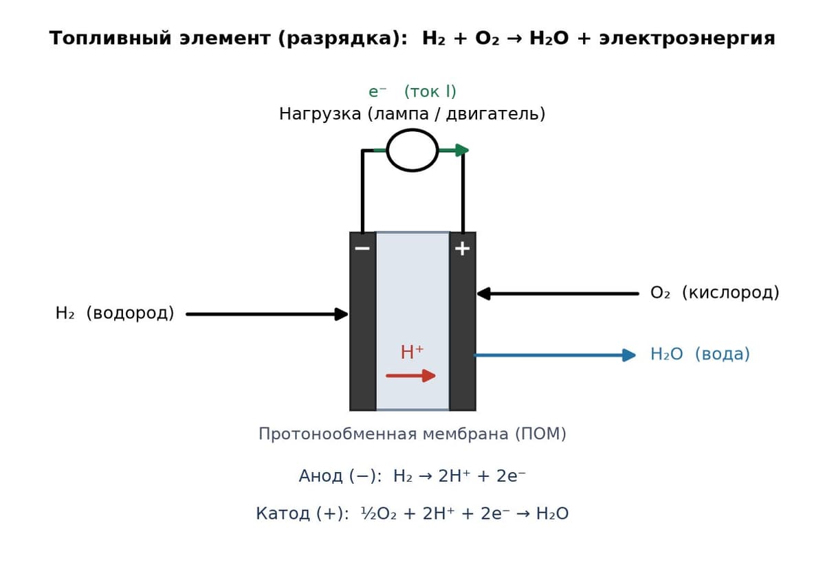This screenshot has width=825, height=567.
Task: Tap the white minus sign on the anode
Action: [362, 249]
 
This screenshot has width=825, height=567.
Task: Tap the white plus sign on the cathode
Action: [462, 249]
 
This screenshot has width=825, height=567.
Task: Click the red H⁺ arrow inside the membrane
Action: [410, 375]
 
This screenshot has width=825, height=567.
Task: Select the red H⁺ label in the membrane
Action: [412, 352]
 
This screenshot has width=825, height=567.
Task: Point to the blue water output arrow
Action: [555, 355]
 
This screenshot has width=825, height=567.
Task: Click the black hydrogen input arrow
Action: [267, 314]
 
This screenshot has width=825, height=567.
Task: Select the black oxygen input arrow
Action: [558, 293]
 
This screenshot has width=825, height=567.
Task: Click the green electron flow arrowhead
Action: [462, 150]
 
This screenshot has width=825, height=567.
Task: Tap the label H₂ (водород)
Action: [115, 313]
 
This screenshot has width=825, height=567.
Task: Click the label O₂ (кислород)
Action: [714, 293]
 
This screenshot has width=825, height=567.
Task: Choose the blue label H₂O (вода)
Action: [700, 354]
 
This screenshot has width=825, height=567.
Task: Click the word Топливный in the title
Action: [110, 38]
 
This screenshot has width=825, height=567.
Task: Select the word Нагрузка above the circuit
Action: [320, 114]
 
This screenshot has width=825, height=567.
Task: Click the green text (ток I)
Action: [430, 91]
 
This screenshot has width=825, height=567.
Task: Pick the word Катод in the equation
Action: [283, 513]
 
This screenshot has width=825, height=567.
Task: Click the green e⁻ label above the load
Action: [377, 91]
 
